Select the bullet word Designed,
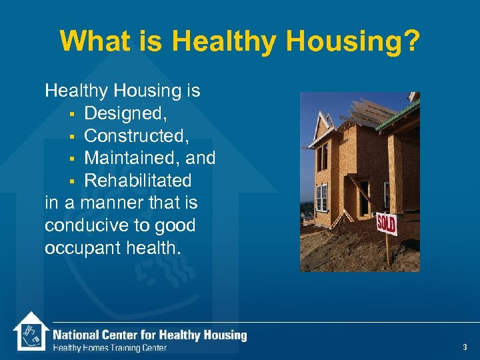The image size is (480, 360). [x=126, y=113]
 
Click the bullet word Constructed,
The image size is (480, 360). [x=137, y=136]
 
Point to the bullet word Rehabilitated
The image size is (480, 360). [x=138, y=181]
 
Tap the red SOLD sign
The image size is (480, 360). [x=386, y=223]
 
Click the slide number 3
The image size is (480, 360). [x=465, y=347]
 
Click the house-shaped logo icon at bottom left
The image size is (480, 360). [x=31, y=331]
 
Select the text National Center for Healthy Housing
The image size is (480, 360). [x=150, y=335]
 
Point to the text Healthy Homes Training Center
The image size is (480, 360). [x=110, y=347]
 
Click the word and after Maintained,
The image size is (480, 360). [x=201, y=159]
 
